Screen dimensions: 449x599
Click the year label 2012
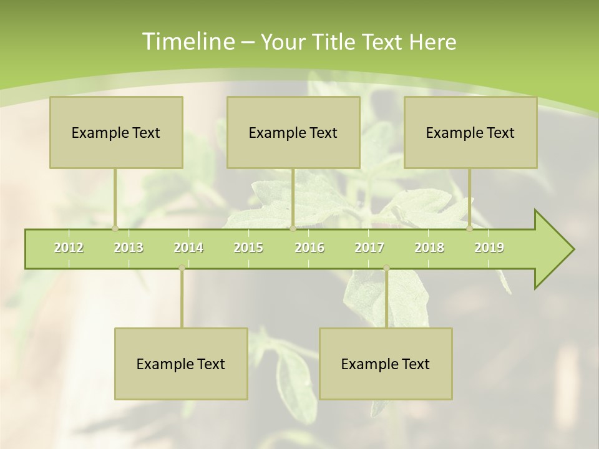point(69,248)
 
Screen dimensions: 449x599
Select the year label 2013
point(129,248)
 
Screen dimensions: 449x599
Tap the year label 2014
point(188,248)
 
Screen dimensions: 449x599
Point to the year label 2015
point(248,248)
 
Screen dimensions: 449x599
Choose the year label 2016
point(309,248)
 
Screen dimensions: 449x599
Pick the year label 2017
point(369,248)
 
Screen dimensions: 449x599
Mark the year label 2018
point(429,248)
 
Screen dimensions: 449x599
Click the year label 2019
point(489,248)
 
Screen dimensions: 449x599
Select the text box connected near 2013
point(116,132)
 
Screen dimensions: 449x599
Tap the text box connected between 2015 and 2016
point(293,132)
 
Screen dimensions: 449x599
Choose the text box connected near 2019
point(470,132)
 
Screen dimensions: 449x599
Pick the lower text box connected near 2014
point(181,364)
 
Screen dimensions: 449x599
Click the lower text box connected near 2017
point(386,364)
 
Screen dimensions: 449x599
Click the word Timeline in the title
point(187,42)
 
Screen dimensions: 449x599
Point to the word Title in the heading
point(336,42)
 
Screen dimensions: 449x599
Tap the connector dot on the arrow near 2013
point(115,228)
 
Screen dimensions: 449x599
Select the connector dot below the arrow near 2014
point(182,268)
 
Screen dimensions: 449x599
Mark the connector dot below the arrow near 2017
point(386,268)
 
